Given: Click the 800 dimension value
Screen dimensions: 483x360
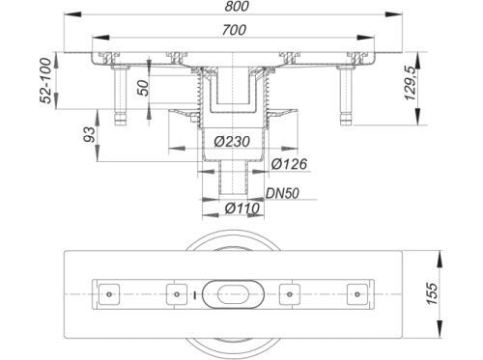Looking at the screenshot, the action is click(237, 6).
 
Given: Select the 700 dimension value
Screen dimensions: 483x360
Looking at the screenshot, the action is click(234, 30).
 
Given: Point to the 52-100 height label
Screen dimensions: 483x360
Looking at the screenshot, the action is click(47, 80).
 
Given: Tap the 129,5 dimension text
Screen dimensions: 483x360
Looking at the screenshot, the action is click(412, 82).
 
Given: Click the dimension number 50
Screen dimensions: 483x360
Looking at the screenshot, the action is click(143, 88).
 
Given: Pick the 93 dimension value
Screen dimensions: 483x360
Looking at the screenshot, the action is click(89, 134).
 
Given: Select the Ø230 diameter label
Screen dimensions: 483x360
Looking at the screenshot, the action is click(232, 141).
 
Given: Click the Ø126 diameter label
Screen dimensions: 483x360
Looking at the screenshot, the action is click(289, 164).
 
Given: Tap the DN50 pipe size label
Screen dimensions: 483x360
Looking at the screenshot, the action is click(282, 193).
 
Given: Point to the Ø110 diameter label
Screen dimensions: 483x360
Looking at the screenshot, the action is click(242, 208).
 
